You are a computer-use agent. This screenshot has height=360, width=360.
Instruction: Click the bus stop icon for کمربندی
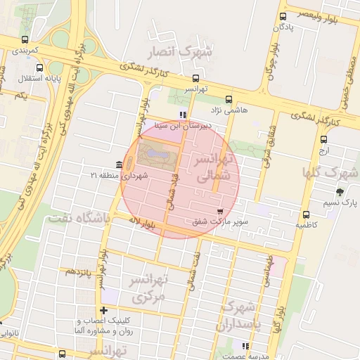pos(26,39)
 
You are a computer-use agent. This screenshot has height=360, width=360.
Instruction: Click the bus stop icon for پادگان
pos(283,16)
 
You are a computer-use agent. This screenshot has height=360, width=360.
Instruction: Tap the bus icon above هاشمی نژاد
pos(228,100)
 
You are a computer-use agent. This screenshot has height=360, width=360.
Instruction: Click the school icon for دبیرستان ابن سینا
pos(183,115)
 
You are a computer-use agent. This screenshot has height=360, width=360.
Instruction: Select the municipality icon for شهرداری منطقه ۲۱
pos(118,165)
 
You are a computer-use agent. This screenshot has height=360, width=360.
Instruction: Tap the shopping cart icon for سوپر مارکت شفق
pos(221,210)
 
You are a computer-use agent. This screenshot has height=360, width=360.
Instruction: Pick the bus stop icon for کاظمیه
pos(305,214)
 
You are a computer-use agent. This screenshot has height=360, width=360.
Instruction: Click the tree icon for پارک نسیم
pos(340,192)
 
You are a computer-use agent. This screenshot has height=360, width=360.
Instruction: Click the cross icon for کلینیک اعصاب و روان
pos(104,310)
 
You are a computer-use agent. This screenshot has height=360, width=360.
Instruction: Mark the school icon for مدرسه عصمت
pos(245,345)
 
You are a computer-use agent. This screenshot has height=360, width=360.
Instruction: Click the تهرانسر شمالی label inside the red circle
pos(211,169)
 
